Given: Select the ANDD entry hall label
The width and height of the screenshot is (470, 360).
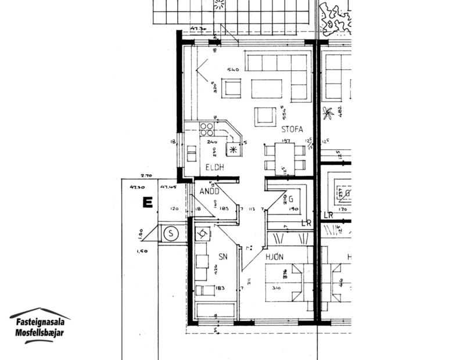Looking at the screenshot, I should click(x=209, y=190).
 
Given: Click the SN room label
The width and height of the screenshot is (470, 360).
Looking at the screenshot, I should click(x=223, y=256).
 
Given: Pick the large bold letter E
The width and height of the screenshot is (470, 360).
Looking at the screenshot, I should click(x=147, y=203).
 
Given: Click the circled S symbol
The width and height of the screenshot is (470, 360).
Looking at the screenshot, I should click(x=170, y=234).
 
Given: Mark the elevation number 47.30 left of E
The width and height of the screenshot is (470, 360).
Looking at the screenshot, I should click(x=137, y=187).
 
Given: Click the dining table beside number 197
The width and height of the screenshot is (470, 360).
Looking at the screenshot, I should click(x=285, y=156).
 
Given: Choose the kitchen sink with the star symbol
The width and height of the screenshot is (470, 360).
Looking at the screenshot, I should click(x=234, y=149).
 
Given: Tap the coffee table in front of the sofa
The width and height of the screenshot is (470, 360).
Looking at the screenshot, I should click(x=267, y=89).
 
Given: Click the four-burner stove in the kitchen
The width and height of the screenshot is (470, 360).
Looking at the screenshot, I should click(x=206, y=128).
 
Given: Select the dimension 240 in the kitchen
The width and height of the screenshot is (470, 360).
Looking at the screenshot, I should click(x=211, y=142).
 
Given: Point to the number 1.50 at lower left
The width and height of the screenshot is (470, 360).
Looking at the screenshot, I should click(x=142, y=251).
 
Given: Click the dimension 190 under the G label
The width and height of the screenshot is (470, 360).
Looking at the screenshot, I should click(x=293, y=210).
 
